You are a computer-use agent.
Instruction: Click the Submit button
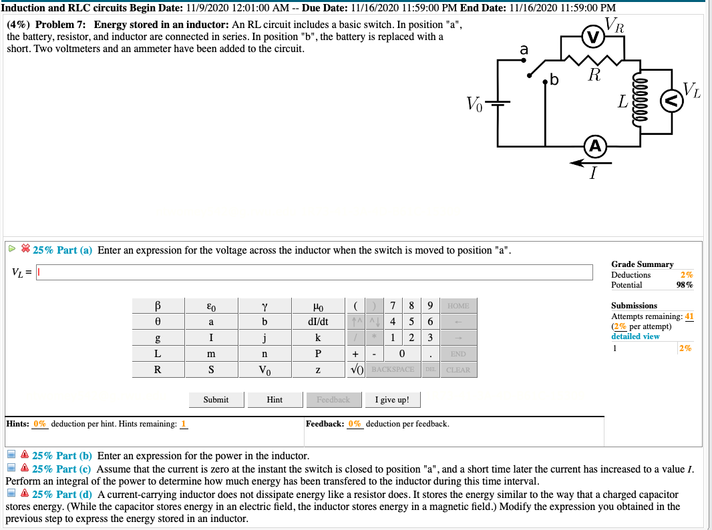tap(216, 400)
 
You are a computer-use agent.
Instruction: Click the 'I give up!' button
tap(393, 400)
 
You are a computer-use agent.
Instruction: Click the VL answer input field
tap(315, 272)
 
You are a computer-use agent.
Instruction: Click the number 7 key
tap(394, 306)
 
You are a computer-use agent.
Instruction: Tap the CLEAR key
tap(458, 370)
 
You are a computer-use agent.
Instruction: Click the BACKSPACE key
tap(393, 370)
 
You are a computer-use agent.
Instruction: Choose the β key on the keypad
tap(158, 306)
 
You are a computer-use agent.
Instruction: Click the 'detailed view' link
tap(635, 336)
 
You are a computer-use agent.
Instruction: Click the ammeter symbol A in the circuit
tap(595, 146)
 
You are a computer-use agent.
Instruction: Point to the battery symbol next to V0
tap(497, 104)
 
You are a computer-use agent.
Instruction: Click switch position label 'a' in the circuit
tap(524, 49)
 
